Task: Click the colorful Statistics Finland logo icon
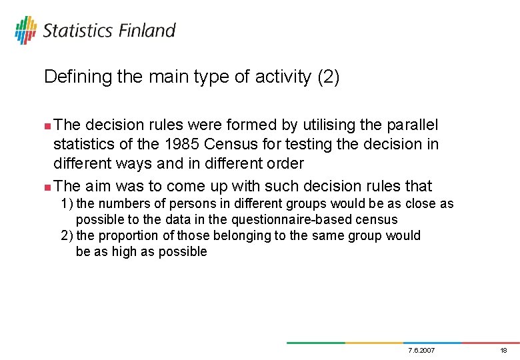tap(25, 30)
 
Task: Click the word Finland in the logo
tap(148, 31)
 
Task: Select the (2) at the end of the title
tap(328, 77)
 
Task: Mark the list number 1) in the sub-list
tap(67, 204)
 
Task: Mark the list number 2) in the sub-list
tap(67, 236)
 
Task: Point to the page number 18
tap(503, 351)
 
